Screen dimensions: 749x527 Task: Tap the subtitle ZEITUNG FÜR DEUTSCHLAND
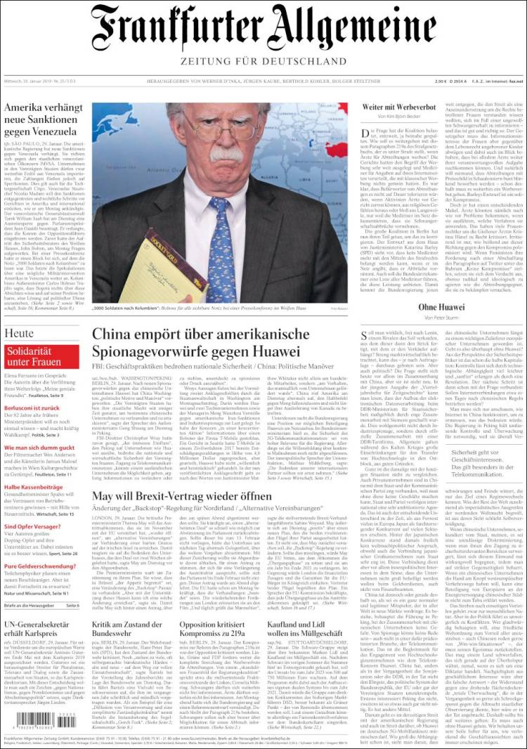(x=263, y=61)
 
